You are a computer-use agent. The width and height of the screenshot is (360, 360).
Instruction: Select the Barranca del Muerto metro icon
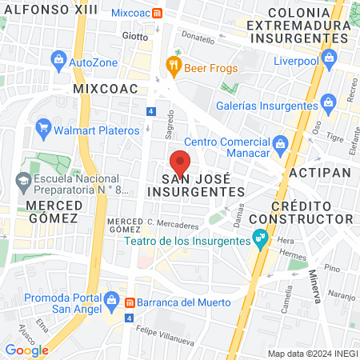tap(129, 302)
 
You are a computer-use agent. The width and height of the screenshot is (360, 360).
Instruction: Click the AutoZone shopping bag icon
tap(58, 60)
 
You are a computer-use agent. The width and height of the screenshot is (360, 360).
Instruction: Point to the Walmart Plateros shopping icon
tap(43, 128)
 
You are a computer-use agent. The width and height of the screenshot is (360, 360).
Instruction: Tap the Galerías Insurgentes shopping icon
tap(328, 102)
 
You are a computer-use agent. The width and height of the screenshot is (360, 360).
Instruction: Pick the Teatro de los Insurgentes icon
tap(260, 237)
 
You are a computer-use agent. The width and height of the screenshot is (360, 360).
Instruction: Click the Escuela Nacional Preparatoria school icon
tap(23, 183)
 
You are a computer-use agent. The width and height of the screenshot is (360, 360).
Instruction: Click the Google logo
tap(26, 350)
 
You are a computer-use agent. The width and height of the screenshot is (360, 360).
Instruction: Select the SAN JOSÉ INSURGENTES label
tap(197, 186)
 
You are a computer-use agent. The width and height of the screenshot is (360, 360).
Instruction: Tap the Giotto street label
tap(135, 36)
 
